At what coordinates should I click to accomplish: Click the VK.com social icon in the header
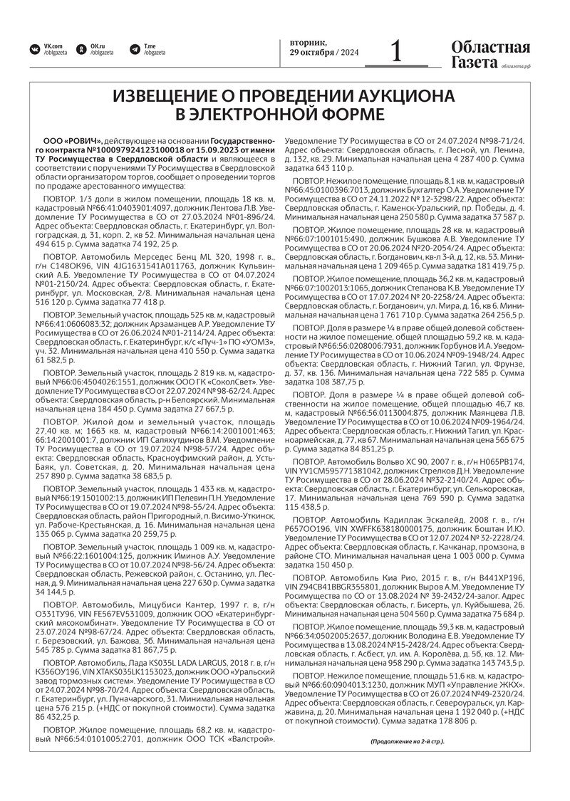point(33,49)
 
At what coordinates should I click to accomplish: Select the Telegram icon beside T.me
point(133,49)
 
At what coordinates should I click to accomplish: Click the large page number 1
point(396,51)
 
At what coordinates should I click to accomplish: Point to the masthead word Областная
point(490,47)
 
